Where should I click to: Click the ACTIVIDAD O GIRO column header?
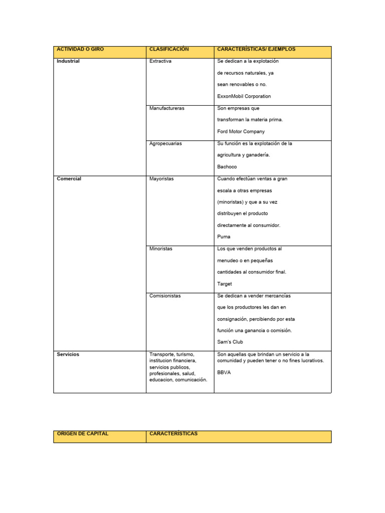coord(80,49)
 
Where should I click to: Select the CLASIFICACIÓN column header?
coord(168,49)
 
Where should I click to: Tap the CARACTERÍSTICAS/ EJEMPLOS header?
coord(256,49)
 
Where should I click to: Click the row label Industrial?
coord(68,61)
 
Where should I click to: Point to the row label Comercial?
coord(69,178)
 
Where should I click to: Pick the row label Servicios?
coord(68,354)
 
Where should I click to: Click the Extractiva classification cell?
coord(160,61)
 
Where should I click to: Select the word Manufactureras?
coord(167,108)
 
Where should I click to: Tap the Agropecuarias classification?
coord(165,143)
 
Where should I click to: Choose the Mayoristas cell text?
coord(161,178)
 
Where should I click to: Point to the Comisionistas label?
coord(165,296)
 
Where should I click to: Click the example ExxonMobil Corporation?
coord(244,96)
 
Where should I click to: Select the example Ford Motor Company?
coord(241,131)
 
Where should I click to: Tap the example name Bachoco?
coord(227,167)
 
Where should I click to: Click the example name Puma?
coord(224,237)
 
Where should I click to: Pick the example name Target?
coord(225,284)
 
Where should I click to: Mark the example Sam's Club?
coord(230,342)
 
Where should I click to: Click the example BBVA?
coord(224,373)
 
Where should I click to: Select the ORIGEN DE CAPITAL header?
coord(83,434)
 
